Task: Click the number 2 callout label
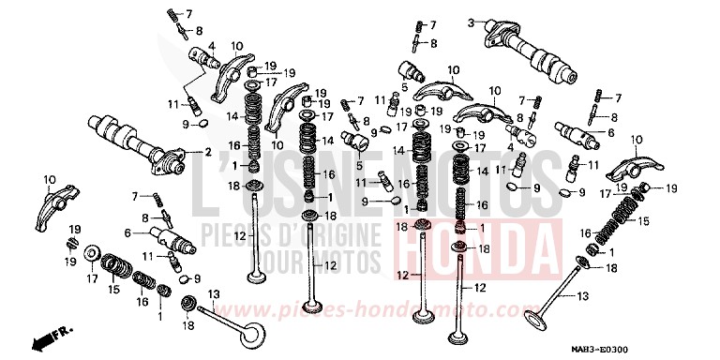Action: [x=207, y=152]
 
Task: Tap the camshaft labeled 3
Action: [x=530, y=52]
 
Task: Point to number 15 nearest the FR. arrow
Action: [x=113, y=290]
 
